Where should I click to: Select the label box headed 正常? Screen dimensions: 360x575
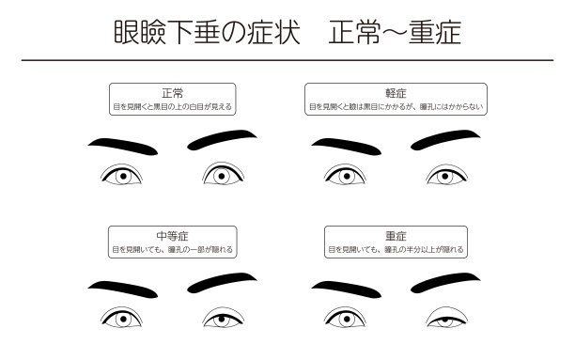click(172, 99)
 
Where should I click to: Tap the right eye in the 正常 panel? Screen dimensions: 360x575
click(220, 175)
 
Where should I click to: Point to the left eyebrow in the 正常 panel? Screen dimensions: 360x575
click(122, 145)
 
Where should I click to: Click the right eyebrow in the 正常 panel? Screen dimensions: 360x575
click(223, 140)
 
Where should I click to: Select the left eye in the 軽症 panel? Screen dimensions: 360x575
click(342, 176)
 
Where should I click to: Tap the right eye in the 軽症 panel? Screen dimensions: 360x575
click(443, 176)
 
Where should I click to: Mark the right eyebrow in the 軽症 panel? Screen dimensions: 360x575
click(445, 140)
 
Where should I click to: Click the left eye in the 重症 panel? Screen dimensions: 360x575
click(342, 319)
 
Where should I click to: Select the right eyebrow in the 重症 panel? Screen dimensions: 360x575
click(445, 283)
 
